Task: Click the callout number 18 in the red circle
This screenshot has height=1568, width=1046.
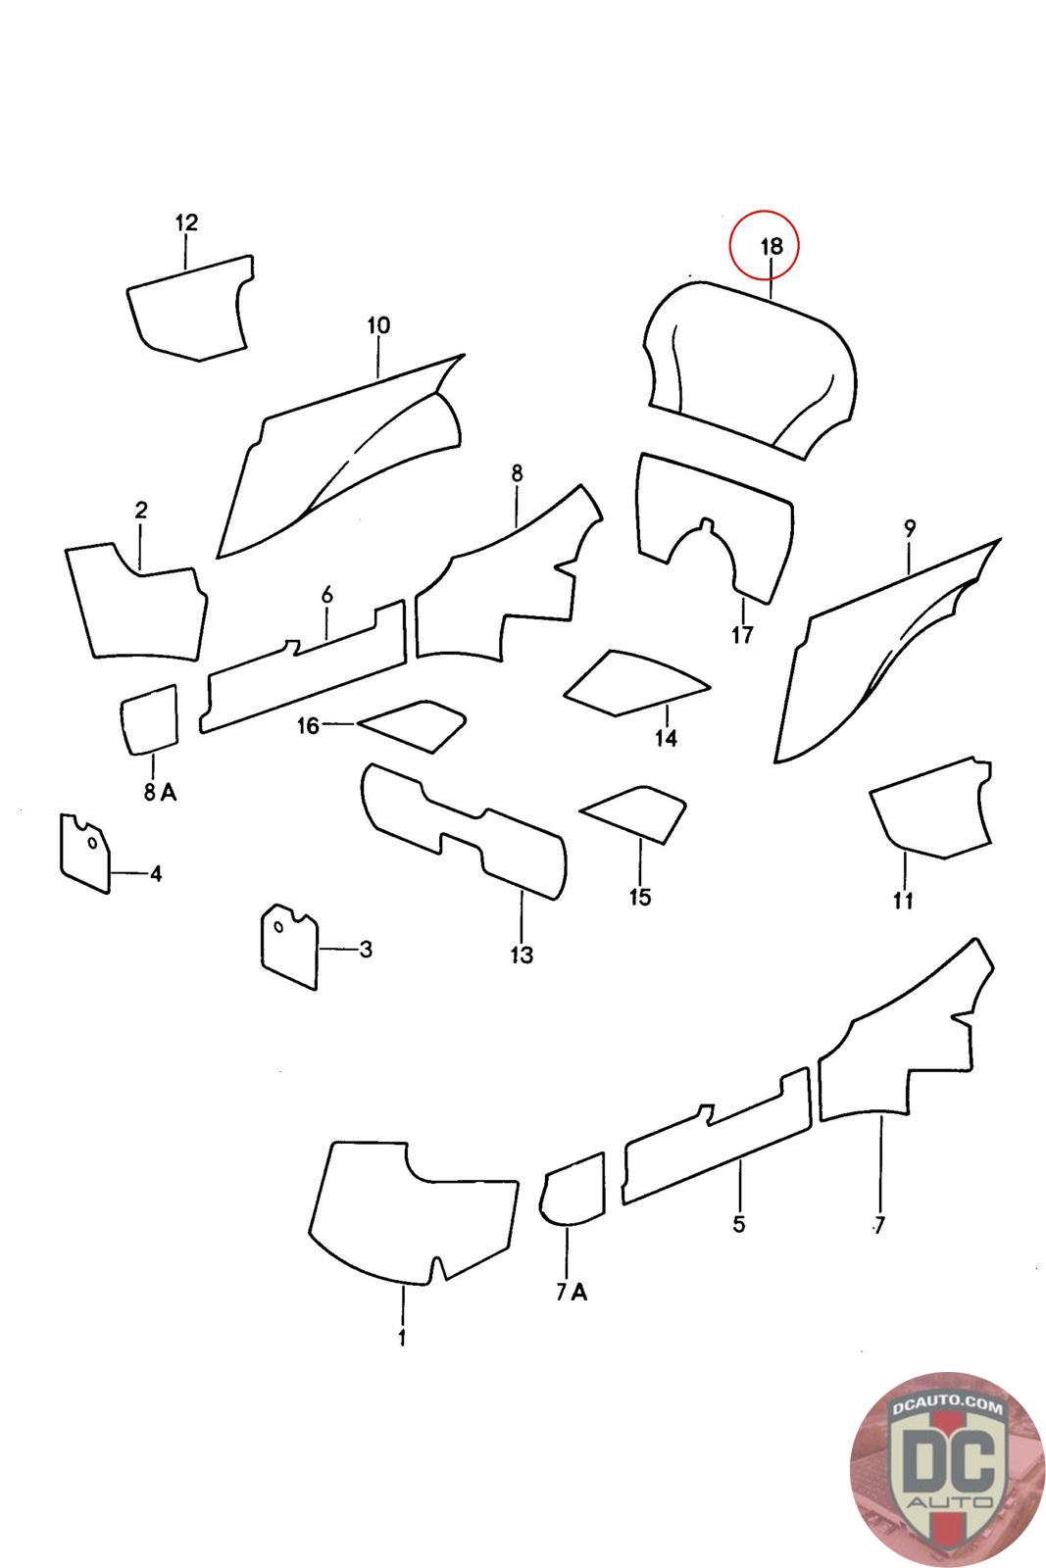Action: click(771, 246)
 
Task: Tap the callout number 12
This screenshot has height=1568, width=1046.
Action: click(186, 222)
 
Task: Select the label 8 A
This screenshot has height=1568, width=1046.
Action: click(161, 792)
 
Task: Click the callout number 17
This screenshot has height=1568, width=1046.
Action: click(742, 635)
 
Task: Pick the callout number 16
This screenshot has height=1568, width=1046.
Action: click(308, 725)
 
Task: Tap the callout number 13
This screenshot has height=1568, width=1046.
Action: click(522, 955)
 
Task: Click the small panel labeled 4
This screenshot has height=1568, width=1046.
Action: click(85, 853)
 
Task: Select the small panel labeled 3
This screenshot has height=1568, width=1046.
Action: click(289, 947)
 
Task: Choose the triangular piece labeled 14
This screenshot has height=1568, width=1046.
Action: click(633, 682)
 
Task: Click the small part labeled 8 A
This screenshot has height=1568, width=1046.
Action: click(149, 719)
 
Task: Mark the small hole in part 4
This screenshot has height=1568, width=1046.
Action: click(92, 843)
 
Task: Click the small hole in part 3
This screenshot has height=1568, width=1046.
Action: click(278, 927)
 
